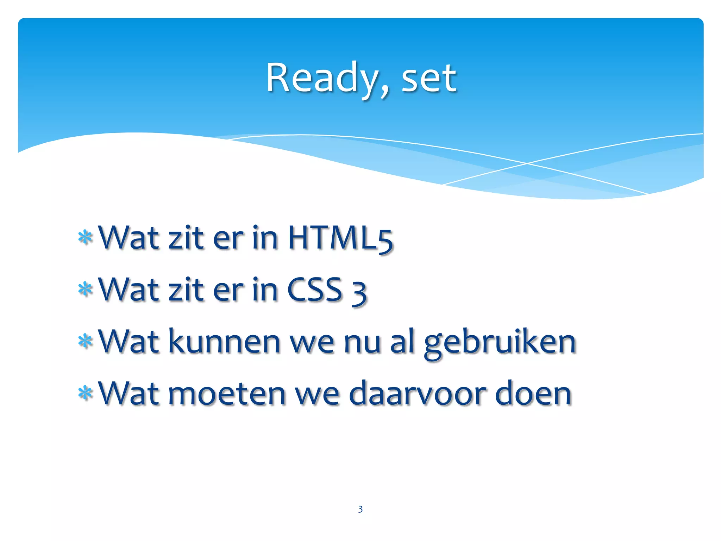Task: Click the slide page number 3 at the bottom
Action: [360, 509]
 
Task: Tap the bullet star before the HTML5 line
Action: [85, 238]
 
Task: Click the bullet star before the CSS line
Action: [85, 290]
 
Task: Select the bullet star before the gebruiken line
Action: [85, 341]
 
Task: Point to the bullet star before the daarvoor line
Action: [85, 393]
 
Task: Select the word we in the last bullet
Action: [317, 395]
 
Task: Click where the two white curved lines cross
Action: [527, 163]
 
